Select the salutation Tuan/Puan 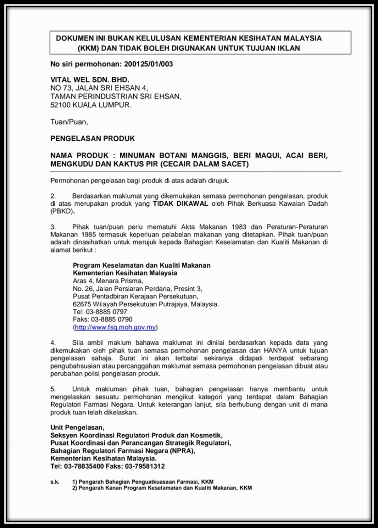pyautogui.click(x=69, y=122)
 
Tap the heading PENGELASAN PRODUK pyautogui.click(x=92, y=139)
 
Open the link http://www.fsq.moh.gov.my pyautogui.click(x=116, y=327)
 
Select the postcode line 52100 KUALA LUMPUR pyautogui.click(x=91, y=105)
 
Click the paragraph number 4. pyautogui.click(x=53, y=342)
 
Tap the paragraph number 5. pyautogui.click(x=53, y=389)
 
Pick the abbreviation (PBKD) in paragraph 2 pyautogui.click(x=62, y=211)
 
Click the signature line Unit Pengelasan pyautogui.click(x=77, y=427)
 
